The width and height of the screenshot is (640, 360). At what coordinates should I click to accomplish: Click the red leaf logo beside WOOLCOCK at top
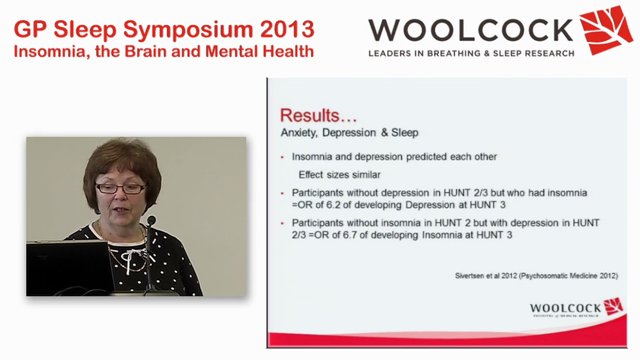(x=605, y=29)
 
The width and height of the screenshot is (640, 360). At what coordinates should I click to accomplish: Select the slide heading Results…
(x=318, y=115)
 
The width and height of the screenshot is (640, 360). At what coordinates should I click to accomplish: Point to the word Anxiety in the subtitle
(x=299, y=132)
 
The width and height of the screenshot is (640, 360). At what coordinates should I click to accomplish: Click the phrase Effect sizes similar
(x=339, y=174)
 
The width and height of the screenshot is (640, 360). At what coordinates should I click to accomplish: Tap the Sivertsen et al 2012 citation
(x=536, y=275)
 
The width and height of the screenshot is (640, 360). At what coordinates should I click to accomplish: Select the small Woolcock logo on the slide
(x=576, y=308)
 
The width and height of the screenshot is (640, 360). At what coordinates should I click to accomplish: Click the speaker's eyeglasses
(x=120, y=188)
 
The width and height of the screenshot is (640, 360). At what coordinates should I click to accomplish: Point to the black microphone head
(x=151, y=220)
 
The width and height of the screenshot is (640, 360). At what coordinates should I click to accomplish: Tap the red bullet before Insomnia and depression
(x=282, y=157)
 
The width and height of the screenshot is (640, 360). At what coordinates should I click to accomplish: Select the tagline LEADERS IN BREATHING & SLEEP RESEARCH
(x=471, y=53)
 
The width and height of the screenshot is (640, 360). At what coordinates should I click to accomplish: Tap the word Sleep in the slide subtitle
(x=405, y=132)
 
